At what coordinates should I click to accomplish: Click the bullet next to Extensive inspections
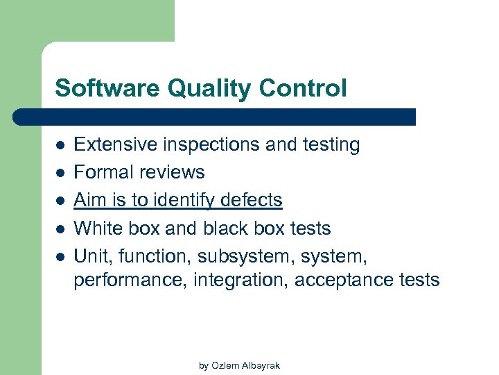point(60,145)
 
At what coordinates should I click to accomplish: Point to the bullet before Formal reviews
point(60,173)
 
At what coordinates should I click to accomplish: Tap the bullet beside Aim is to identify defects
point(60,201)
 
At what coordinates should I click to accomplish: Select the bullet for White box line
point(60,228)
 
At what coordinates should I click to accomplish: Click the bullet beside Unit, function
point(60,256)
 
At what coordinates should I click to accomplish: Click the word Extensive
point(116,144)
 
